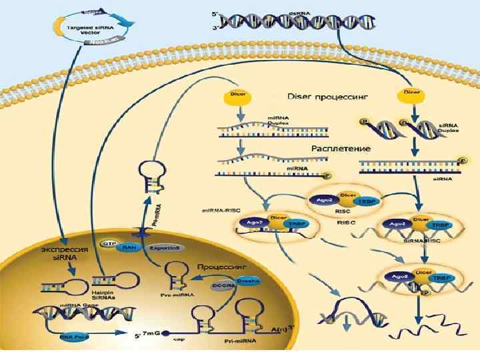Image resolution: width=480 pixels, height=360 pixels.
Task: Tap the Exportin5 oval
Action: click(165, 247)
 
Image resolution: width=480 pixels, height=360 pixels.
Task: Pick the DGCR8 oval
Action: click(224, 285)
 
